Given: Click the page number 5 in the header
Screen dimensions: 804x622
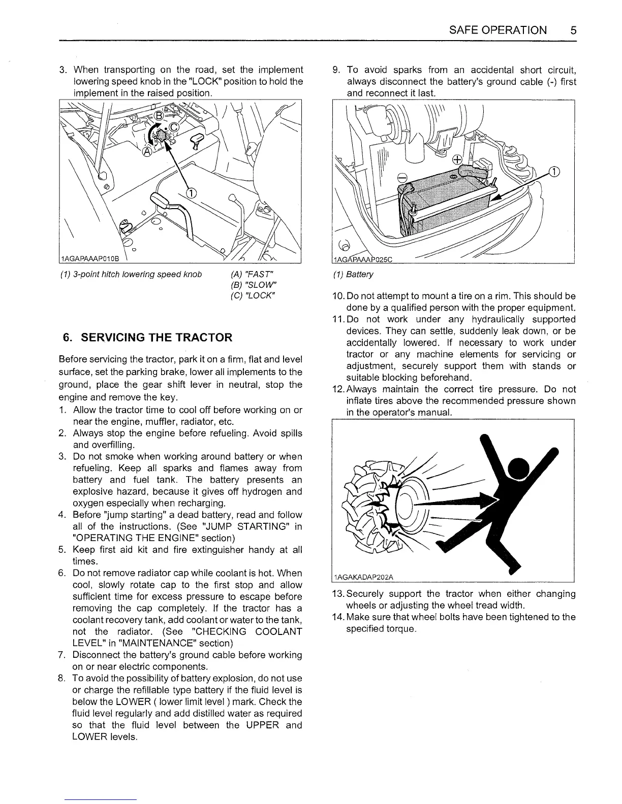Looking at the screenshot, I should pos(573,30).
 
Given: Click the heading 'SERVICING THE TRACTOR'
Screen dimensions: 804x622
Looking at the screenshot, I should pos(157,338).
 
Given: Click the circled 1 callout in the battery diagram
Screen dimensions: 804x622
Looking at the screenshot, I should pos(554,171).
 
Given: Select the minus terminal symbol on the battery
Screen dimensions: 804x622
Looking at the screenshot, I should pos(401,177).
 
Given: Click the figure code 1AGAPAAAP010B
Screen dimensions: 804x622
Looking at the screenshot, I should pos(89,259).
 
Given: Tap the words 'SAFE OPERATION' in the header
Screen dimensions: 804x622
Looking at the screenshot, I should pos(498,30).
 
